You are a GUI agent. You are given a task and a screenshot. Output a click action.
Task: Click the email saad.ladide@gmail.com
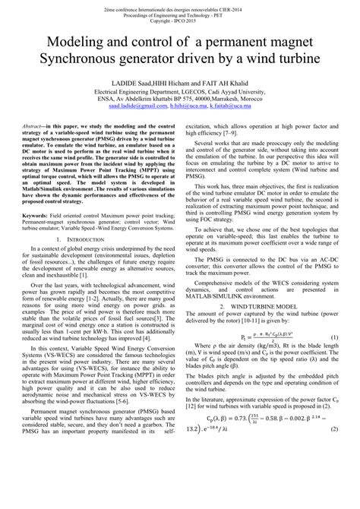(137, 108)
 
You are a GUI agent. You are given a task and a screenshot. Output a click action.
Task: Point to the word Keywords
(34, 194)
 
